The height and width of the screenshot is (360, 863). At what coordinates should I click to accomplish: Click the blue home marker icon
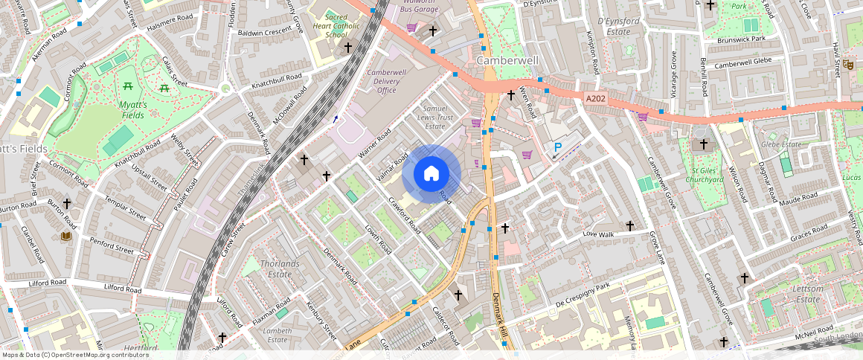(x=431, y=174)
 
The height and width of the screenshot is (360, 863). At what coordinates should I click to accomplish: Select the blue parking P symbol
(x=557, y=149)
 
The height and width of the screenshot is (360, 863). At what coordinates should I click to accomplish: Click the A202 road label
(x=596, y=98)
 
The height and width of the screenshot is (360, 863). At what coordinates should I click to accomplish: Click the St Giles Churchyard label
(x=703, y=174)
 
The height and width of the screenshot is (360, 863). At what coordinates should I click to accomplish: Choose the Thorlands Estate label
(x=280, y=269)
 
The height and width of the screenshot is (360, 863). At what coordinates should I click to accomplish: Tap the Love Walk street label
(x=600, y=235)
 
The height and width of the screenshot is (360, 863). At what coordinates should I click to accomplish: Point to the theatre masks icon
(x=849, y=65)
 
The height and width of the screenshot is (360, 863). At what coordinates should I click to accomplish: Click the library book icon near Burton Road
(x=65, y=236)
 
